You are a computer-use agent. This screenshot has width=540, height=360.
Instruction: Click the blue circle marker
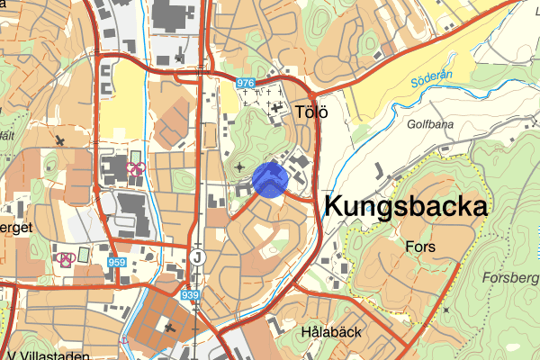[x=269, y=178]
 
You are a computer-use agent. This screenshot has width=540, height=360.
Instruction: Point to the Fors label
[x=420, y=246]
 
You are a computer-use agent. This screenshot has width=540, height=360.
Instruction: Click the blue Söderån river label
[x=429, y=84]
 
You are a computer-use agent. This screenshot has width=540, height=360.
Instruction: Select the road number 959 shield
[x=116, y=262]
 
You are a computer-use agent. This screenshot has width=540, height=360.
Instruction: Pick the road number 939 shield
[x=189, y=294]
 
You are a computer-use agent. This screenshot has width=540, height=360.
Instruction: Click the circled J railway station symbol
[x=198, y=257]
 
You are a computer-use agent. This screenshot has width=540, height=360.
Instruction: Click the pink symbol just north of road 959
[x=136, y=167]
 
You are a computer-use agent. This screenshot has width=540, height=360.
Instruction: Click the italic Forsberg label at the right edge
[x=514, y=277]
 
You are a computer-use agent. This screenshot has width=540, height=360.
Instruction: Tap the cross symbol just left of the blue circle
[x=239, y=166]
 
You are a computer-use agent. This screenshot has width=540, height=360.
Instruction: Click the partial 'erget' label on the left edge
[x=16, y=228]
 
